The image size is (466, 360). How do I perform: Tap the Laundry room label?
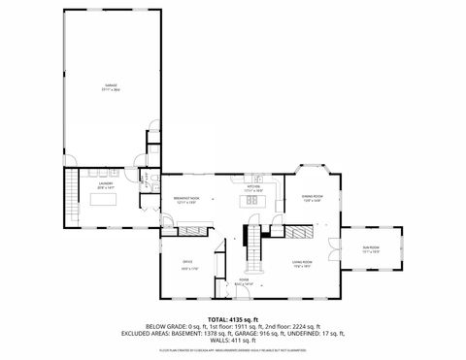pos(105,184)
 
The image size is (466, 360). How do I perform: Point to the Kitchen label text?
pos(253,189)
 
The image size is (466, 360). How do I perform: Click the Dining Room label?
pos(312,199)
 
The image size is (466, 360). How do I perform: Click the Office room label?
pos(187,262)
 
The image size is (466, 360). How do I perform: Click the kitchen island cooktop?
pos(252,203)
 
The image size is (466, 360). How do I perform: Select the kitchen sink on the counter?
pos(256,179)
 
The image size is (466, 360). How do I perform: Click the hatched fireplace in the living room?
pos(304,234)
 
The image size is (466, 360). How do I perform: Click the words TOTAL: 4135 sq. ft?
pos(229,318)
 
